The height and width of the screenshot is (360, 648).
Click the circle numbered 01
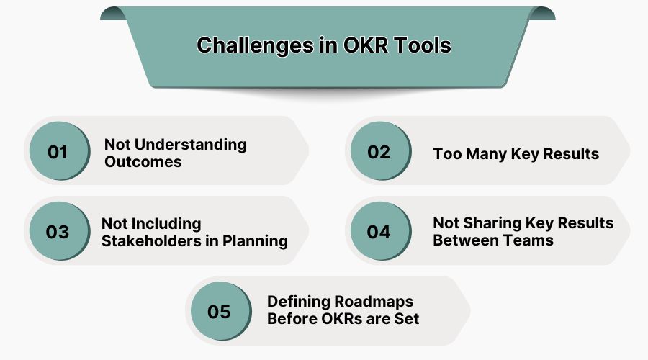pyautogui.click(x=58, y=152)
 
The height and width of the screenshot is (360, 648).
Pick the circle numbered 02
pyautogui.click(x=379, y=152)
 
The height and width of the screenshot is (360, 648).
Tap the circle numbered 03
pyautogui.click(x=58, y=232)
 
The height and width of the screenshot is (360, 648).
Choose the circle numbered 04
pyautogui.click(x=379, y=232)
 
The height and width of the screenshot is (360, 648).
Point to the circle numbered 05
pyautogui.click(x=219, y=312)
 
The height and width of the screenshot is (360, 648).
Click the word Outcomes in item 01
pyautogui.click(x=143, y=161)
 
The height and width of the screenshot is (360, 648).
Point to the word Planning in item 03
pyautogui.click(x=257, y=241)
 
